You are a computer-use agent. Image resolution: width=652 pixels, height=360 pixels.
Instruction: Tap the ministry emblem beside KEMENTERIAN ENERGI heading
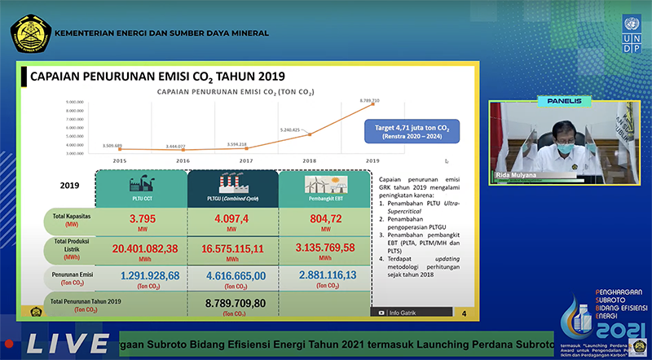click(x=28, y=33)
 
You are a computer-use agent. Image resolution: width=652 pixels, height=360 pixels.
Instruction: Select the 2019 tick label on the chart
click(x=372, y=161)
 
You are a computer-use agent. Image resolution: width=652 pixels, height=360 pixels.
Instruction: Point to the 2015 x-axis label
click(x=120, y=161)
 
